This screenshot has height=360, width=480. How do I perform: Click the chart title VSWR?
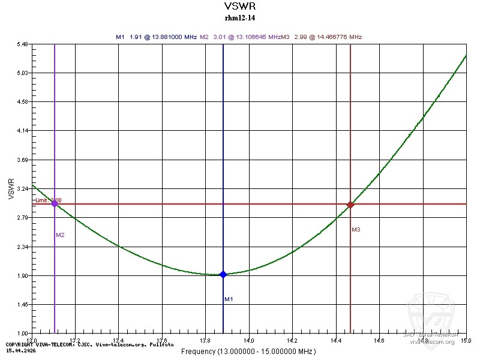pyautogui.click(x=239, y=7)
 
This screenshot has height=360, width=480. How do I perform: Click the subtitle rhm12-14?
pyautogui.click(x=239, y=18)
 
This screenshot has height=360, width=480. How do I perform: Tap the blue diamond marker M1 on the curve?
pyautogui.click(x=223, y=274)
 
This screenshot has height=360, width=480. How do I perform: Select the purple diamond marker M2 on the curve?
pyautogui.click(x=55, y=203)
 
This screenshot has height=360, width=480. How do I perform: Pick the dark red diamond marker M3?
pyautogui.click(x=350, y=205)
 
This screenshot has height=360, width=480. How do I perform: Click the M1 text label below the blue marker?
pyautogui.click(x=229, y=299)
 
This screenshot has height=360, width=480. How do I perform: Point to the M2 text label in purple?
pyautogui.click(x=60, y=235)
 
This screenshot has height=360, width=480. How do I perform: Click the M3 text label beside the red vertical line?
pyautogui.click(x=356, y=230)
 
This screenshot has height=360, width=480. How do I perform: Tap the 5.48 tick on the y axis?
pyautogui.click(x=23, y=44)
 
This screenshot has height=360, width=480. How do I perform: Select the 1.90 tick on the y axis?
pyautogui.click(x=23, y=276)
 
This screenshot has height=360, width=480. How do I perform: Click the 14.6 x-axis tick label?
pyautogui.click(x=379, y=340)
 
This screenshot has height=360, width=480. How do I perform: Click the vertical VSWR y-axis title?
pyautogui.click(x=11, y=188)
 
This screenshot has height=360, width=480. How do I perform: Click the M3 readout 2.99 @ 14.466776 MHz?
pyautogui.click(x=328, y=37)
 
